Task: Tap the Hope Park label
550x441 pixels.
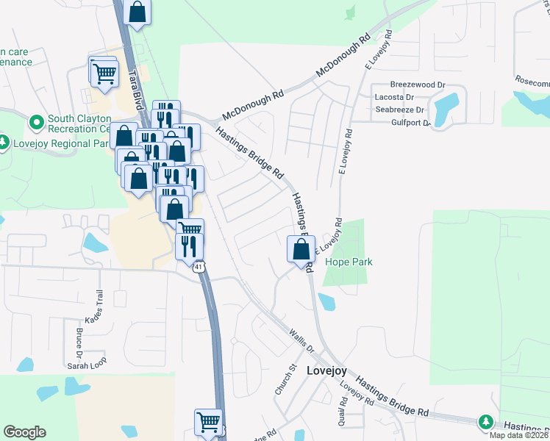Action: point(349,262)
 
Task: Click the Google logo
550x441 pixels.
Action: point(24,432)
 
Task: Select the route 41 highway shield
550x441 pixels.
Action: point(199,267)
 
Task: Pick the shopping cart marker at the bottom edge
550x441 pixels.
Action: point(208,422)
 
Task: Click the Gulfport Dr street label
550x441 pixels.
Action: point(410,123)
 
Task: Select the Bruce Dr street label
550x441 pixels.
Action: point(78,340)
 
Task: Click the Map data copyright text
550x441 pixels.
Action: point(519,434)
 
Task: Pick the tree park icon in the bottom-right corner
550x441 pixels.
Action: point(485,422)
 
